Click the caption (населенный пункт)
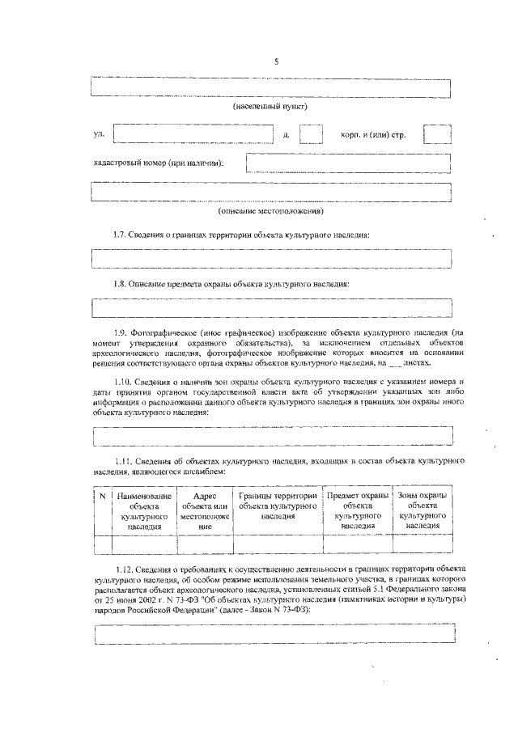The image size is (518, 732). pyautogui.click(x=270, y=106)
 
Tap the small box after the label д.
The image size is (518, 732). pyautogui.click(x=312, y=133)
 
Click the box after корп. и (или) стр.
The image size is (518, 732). pyautogui.click(x=438, y=133)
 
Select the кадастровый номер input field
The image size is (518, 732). pyautogui.click(x=348, y=162)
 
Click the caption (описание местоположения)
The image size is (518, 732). pyautogui.click(x=270, y=211)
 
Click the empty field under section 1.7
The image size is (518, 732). pyautogui.click(x=271, y=259)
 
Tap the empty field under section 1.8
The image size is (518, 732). pyautogui.click(x=271, y=308)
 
